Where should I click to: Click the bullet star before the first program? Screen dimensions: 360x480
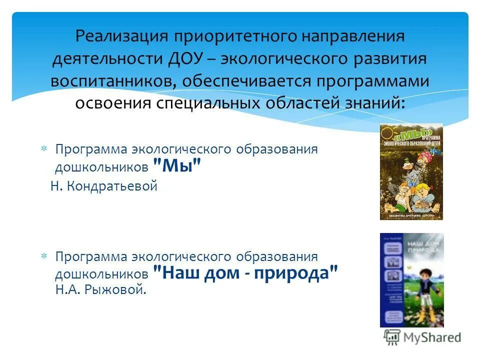coord(43,149)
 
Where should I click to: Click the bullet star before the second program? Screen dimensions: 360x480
coord(43,256)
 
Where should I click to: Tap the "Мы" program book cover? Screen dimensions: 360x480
coord(411,171)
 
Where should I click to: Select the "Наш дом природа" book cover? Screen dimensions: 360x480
coord(411,280)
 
